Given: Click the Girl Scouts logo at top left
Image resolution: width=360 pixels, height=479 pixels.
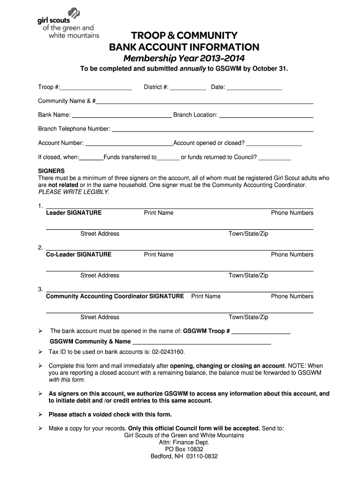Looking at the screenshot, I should [68, 23].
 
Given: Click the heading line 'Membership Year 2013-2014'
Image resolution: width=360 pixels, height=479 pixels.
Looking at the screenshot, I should [184, 58].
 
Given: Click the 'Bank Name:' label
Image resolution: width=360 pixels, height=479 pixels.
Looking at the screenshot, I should [54, 115].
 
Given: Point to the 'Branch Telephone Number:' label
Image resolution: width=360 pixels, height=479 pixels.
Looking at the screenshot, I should [74, 129].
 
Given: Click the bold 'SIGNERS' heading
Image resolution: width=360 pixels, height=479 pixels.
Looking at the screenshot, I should [51, 171].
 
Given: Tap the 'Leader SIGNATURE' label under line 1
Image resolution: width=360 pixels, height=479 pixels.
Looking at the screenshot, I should [73, 213].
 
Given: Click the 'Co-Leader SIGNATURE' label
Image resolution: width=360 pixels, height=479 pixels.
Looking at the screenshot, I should [79, 255].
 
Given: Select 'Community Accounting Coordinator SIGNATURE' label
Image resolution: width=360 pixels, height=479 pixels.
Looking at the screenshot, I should [115, 297].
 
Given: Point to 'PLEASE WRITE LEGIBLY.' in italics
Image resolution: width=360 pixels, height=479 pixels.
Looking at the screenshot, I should [73, 192].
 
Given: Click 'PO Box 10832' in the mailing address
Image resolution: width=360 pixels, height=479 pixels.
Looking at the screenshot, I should [184, 450].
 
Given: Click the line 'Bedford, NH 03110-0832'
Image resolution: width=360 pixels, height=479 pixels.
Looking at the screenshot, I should [184, 457].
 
